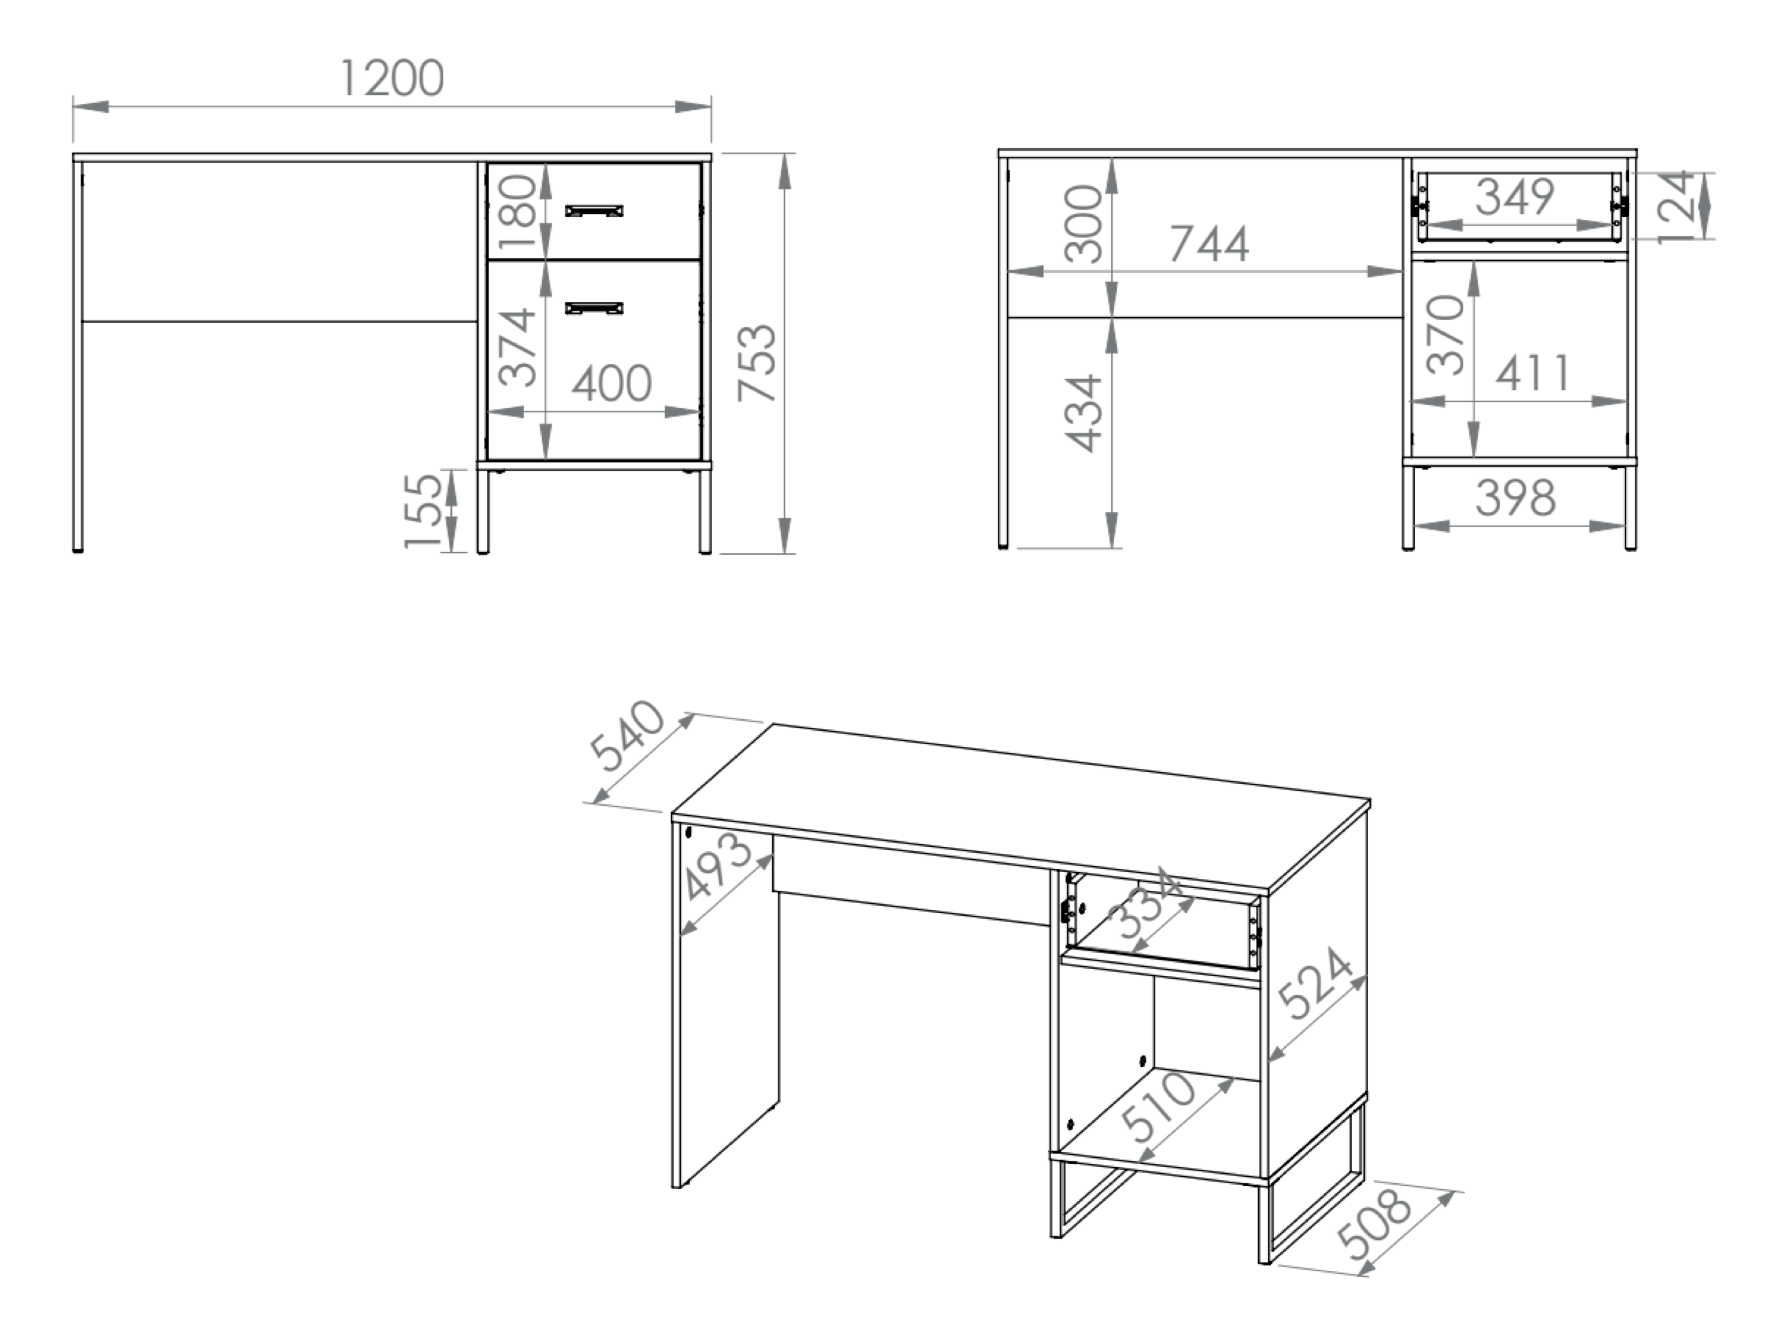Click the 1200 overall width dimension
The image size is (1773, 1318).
point(391,78)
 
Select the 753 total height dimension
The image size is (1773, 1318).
point(757,362)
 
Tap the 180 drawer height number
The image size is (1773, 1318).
point(517,211)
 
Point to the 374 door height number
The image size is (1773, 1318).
point(517,347)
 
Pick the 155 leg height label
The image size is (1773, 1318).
point(423,511)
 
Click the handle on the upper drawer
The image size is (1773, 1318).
point(594,211)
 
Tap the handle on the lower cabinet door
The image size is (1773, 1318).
point(594,308)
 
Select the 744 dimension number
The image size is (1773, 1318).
point(1209,244)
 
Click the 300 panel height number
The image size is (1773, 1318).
point(1084,223)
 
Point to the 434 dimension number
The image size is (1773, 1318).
point(1084,414)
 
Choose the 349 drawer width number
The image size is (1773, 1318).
point(1515,196)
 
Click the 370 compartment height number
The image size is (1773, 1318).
point(1446,335)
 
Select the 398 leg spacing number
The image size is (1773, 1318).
point(1515,497)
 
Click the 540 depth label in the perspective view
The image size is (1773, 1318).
point(627,736)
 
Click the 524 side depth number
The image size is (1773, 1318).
point(1314,983)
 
